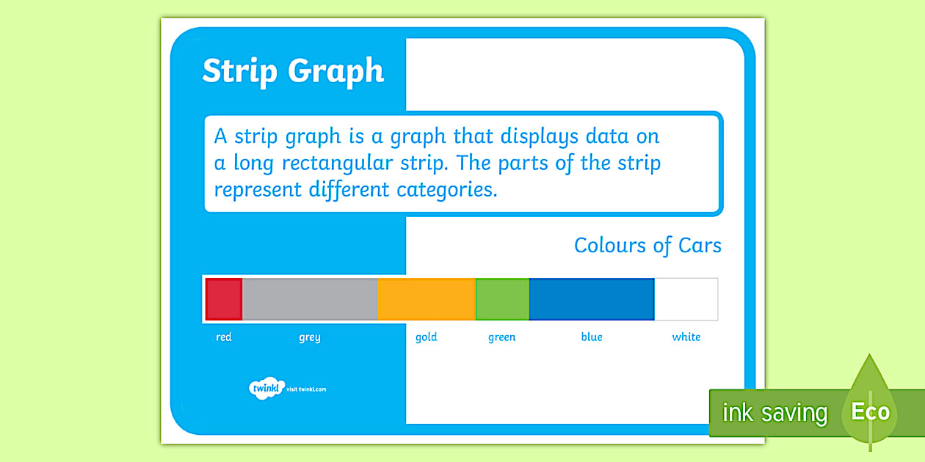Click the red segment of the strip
223,299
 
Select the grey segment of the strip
310,299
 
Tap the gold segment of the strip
427,299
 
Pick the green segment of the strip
502,299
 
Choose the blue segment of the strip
591,299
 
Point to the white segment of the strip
686,299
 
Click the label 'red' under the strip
224,337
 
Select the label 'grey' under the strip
310,338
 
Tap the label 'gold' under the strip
427,337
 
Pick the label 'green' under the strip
502,338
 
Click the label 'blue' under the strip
592,337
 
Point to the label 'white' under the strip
686,337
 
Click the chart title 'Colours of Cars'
647,246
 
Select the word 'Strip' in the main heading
239,72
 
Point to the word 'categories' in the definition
447,190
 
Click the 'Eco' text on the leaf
870,411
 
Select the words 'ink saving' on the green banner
775,413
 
